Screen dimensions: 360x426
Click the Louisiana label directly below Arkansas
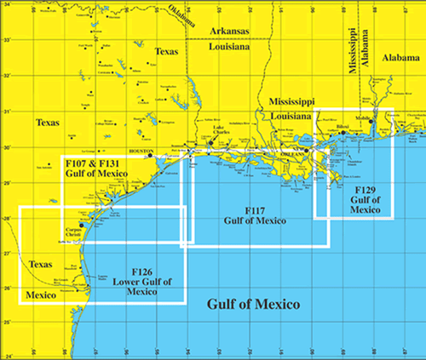click(x=230, y=48)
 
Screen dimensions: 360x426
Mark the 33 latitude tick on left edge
click(x=4, y=41)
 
